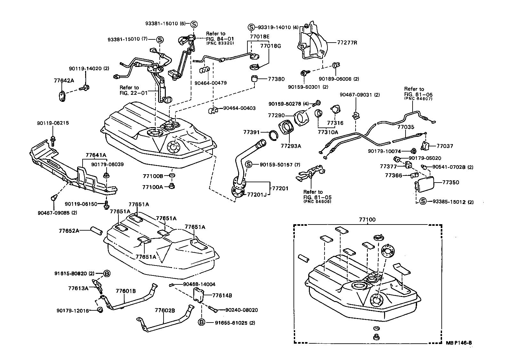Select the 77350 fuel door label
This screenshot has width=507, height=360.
tap(451, 182)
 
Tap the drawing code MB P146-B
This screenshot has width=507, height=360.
tap(459, 343)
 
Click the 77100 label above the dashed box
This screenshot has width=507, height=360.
tap(367, 220)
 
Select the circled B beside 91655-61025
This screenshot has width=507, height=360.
tap(201, 323)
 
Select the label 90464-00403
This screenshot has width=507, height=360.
tap(239, 108)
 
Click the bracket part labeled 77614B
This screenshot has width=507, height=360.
tap(199, 294)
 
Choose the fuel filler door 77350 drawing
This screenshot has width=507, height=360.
tap(424, 184)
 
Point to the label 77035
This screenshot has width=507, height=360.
tap(406, 127)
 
